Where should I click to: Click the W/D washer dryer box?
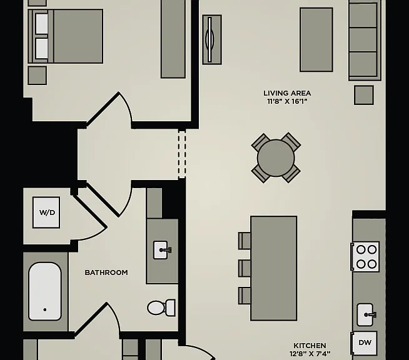click(46, 212)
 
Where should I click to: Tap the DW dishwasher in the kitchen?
click(365, 342)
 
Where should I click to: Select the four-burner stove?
click(365, 257)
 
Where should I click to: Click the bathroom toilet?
click(161, 307)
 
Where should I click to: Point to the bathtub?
click(45, 291)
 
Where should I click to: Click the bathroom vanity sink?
click(162, 250)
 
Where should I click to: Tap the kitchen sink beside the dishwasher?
click(366, 314)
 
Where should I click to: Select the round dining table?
click(276, 158)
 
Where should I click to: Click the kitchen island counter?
click(274, 268)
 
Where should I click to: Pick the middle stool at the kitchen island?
click(245, 268)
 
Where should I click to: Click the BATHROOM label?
click(106, 272)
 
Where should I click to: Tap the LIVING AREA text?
click(287, 93)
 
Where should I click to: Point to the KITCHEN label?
click(310, 346)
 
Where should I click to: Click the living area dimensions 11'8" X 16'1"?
click(287, 101)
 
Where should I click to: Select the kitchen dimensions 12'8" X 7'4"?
click(310, 354)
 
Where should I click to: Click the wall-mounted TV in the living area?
click(212, 39)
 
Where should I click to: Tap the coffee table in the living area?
click(316, 39)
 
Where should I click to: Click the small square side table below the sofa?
click(363, 95)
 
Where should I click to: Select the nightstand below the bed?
click(37, 76)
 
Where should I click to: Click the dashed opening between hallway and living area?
click(182, 154)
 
